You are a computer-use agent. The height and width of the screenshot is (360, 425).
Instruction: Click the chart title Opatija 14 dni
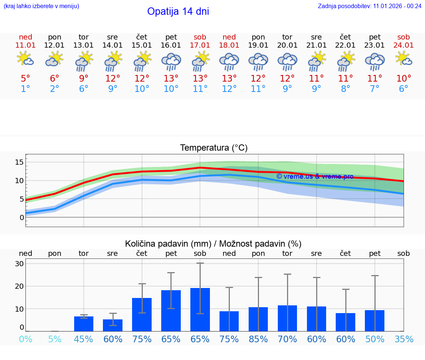(x=178, y=11)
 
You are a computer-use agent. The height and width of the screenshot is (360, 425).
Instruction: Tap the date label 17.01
(x=200, y=45)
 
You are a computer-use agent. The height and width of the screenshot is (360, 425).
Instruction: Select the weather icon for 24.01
(x=404, y=59)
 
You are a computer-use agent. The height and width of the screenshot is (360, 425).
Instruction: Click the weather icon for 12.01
(x=55, y=59)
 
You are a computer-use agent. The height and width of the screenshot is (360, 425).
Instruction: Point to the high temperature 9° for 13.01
(x=84, y=79)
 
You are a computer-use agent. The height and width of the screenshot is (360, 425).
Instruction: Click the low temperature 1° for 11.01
(x=25, y=89)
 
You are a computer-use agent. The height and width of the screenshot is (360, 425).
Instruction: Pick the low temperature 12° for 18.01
(x=229, y=89)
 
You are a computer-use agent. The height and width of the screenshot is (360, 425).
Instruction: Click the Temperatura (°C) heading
(x=214, y=148)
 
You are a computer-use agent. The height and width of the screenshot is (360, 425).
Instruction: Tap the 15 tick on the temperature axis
(x=20, y=162)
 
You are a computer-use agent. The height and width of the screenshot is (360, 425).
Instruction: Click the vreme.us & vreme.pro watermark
(x=315, y=176)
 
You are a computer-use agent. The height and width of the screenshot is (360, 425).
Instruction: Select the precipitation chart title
(x=213, y=244)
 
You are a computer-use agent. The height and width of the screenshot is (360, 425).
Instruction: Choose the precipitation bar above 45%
(x=84, y=324)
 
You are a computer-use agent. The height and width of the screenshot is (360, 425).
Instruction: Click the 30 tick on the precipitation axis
(x=20, y=264)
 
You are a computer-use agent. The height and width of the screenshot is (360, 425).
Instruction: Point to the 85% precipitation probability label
(x=258, y=339)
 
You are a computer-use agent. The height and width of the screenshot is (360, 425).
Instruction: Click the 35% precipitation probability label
(x=404, y=339)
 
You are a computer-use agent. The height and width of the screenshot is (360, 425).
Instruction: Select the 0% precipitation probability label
(x=25, y=339)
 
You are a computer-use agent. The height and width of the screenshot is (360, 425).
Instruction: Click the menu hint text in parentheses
(x=41, y=6)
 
